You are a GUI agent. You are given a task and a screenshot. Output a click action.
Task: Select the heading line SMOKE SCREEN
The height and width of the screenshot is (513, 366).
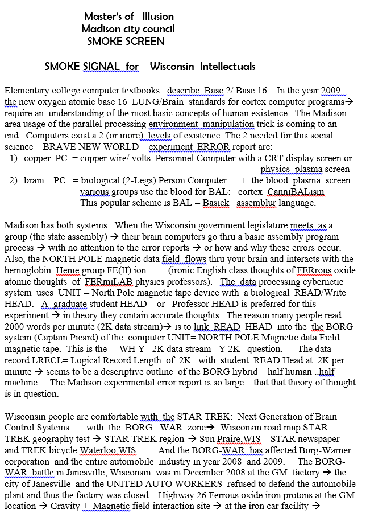(126, 41)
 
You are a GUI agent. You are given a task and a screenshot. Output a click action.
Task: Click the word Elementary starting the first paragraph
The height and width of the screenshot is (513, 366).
(26, 91)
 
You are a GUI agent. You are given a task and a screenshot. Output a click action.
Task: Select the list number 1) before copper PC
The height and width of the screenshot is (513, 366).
(15, 158)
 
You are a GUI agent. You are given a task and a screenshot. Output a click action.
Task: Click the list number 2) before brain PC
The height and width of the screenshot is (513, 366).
(15, 180)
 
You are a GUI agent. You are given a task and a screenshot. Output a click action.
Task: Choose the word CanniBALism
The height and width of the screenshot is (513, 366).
(296, 191)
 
